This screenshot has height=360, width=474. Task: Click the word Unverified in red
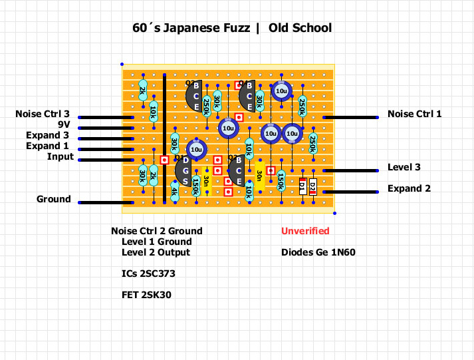[x=305, y=231]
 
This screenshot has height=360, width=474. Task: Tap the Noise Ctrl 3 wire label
[x=43, y=114]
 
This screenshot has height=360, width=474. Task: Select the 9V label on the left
[x=63, y=124]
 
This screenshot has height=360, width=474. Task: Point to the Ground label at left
[x=53, y=199]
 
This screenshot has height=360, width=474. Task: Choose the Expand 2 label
[x=409, y=188]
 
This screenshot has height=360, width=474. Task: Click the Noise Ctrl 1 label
[x=414, y=114]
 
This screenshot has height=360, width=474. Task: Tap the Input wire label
[x=60, y=157]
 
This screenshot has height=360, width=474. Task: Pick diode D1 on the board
[x=302, y=186]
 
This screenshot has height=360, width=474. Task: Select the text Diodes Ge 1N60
[x=318, y=252]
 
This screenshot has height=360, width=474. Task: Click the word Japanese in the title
[x=198, y=28]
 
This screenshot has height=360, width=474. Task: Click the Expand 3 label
[x=47, y=136]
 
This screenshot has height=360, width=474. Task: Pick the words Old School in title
[x=300, y=28]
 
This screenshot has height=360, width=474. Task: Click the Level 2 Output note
[x=156, y=252]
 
